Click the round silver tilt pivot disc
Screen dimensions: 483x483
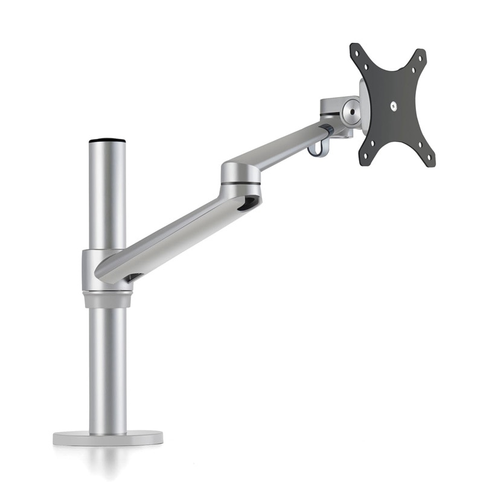pos(351,111)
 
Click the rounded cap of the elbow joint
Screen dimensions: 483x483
pos(241,168)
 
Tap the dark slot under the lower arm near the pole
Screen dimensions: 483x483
pos(134,277)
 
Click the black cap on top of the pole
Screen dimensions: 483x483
pos(107,141)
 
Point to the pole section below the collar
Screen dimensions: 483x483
pos(107,368)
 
